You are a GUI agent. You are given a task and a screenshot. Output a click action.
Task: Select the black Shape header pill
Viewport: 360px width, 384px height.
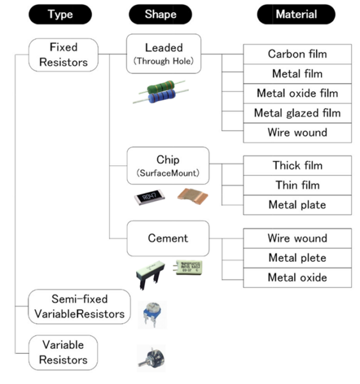(160, 14)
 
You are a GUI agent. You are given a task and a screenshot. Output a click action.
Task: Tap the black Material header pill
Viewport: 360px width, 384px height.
(295, 14)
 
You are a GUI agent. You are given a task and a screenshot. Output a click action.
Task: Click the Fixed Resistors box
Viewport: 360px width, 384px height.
(63, 54)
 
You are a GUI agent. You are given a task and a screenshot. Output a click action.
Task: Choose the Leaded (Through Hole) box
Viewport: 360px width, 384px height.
(163, 53)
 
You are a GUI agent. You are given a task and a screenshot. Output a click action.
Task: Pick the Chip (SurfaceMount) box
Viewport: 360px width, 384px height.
(168, 166)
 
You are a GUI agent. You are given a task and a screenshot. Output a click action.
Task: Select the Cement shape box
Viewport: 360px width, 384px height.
(168, 239)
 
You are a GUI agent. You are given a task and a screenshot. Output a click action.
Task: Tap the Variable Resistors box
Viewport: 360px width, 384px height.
(63, 353)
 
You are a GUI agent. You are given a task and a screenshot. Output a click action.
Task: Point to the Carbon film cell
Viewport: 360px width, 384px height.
(297, 54)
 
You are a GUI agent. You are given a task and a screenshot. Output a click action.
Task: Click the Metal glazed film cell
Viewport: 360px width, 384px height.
(297, 113)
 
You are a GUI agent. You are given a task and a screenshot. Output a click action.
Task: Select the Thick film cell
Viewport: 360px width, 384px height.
(297, 165)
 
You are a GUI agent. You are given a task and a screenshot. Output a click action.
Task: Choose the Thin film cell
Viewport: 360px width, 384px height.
(297, 185)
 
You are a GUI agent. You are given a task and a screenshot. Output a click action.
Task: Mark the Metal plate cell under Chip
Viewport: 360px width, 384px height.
(297, 205)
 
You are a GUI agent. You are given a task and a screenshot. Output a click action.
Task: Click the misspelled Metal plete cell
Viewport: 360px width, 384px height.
(297, 258)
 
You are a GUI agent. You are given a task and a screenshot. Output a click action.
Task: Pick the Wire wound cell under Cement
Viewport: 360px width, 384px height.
(297, 238)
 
